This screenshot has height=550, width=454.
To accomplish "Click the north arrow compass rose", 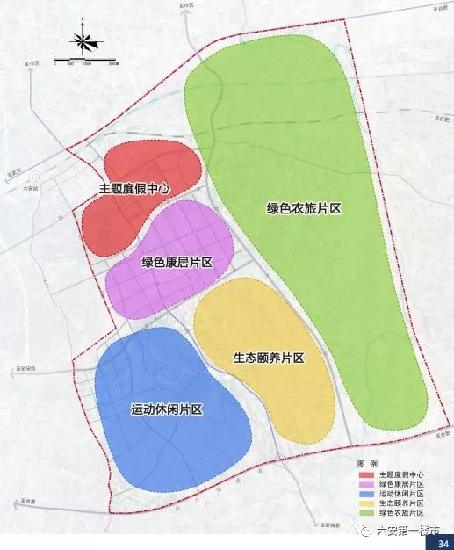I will [83, 40].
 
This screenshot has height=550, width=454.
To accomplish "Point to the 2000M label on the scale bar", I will [112, 65].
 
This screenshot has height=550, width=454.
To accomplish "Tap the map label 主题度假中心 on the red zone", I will [133, 188].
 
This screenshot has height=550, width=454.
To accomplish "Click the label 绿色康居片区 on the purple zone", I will [177, 262].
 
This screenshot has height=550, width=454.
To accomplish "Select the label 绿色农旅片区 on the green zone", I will [304, 208].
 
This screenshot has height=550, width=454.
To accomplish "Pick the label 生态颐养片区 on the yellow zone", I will [269, 358].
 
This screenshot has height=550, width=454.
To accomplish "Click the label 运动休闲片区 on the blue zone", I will [167, 409].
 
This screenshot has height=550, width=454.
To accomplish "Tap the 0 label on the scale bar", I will [54, 65].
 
